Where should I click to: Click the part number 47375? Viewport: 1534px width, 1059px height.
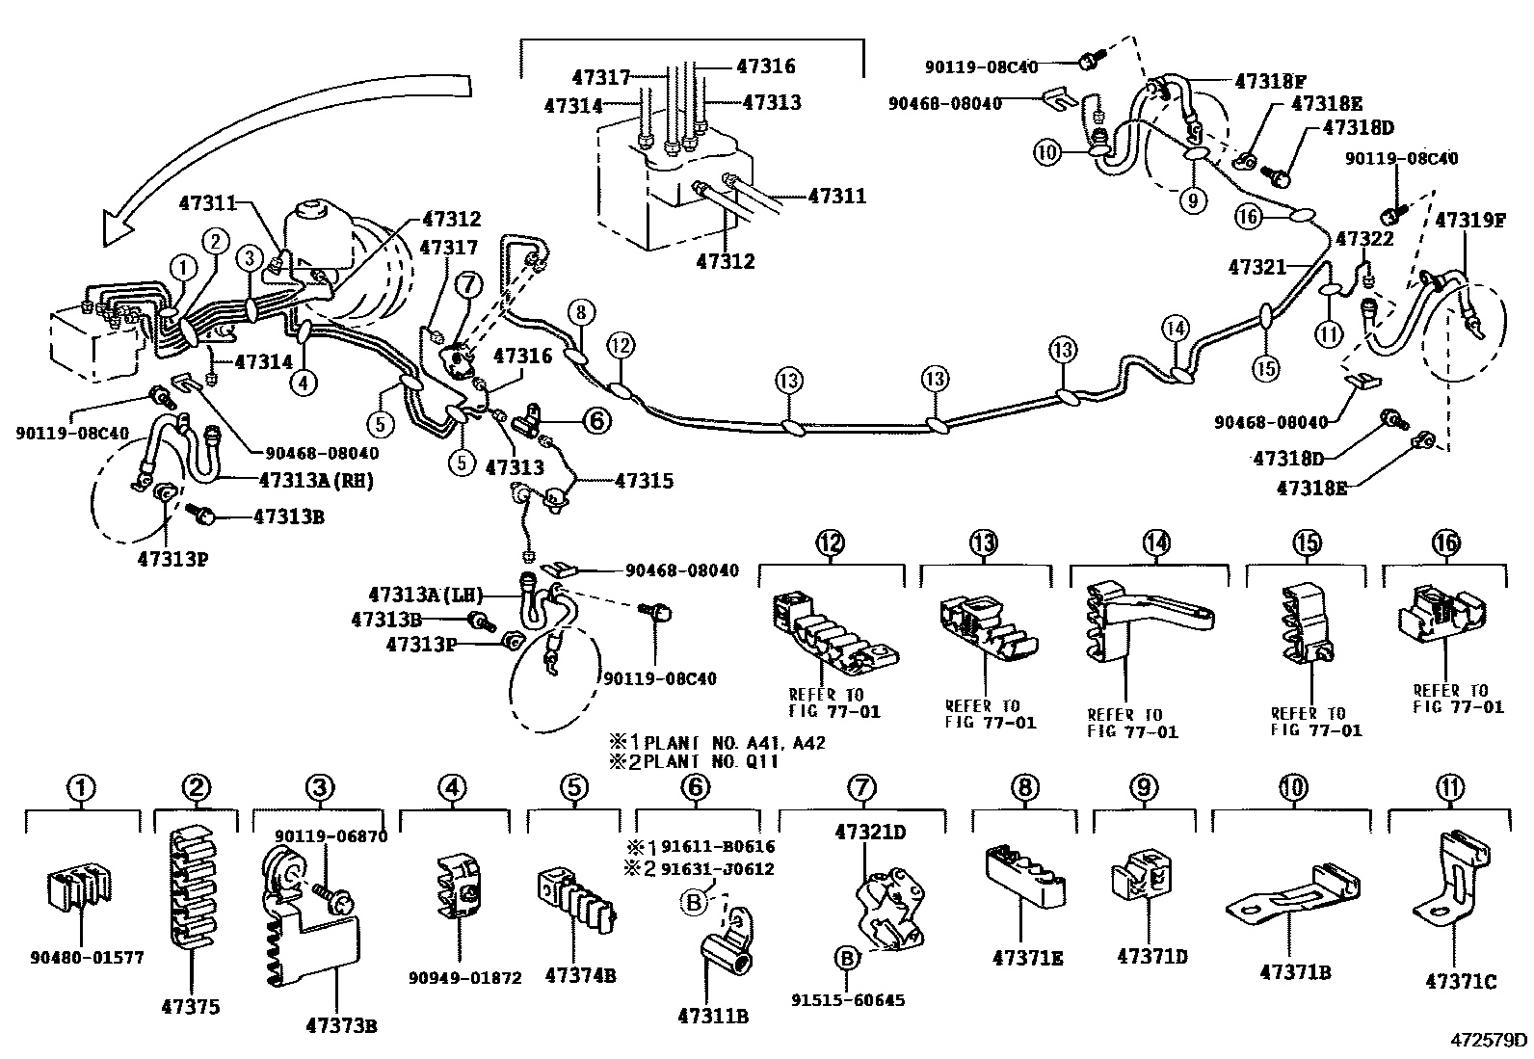[x=191, y=1008]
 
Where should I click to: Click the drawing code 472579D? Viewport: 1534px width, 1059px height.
[x=1491, y=1040]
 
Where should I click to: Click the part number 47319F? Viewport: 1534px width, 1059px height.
[x=1470, y=219]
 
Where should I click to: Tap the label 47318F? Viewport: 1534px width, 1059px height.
[x=1271, y=81]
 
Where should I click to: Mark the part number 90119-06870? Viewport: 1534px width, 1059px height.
[x=331, y=836]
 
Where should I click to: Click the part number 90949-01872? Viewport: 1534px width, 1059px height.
[x=464, y=978]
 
